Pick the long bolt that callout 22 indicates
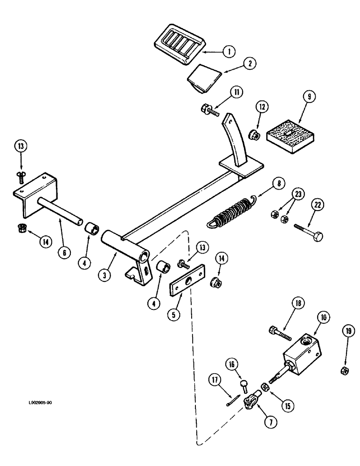point(310,232)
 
